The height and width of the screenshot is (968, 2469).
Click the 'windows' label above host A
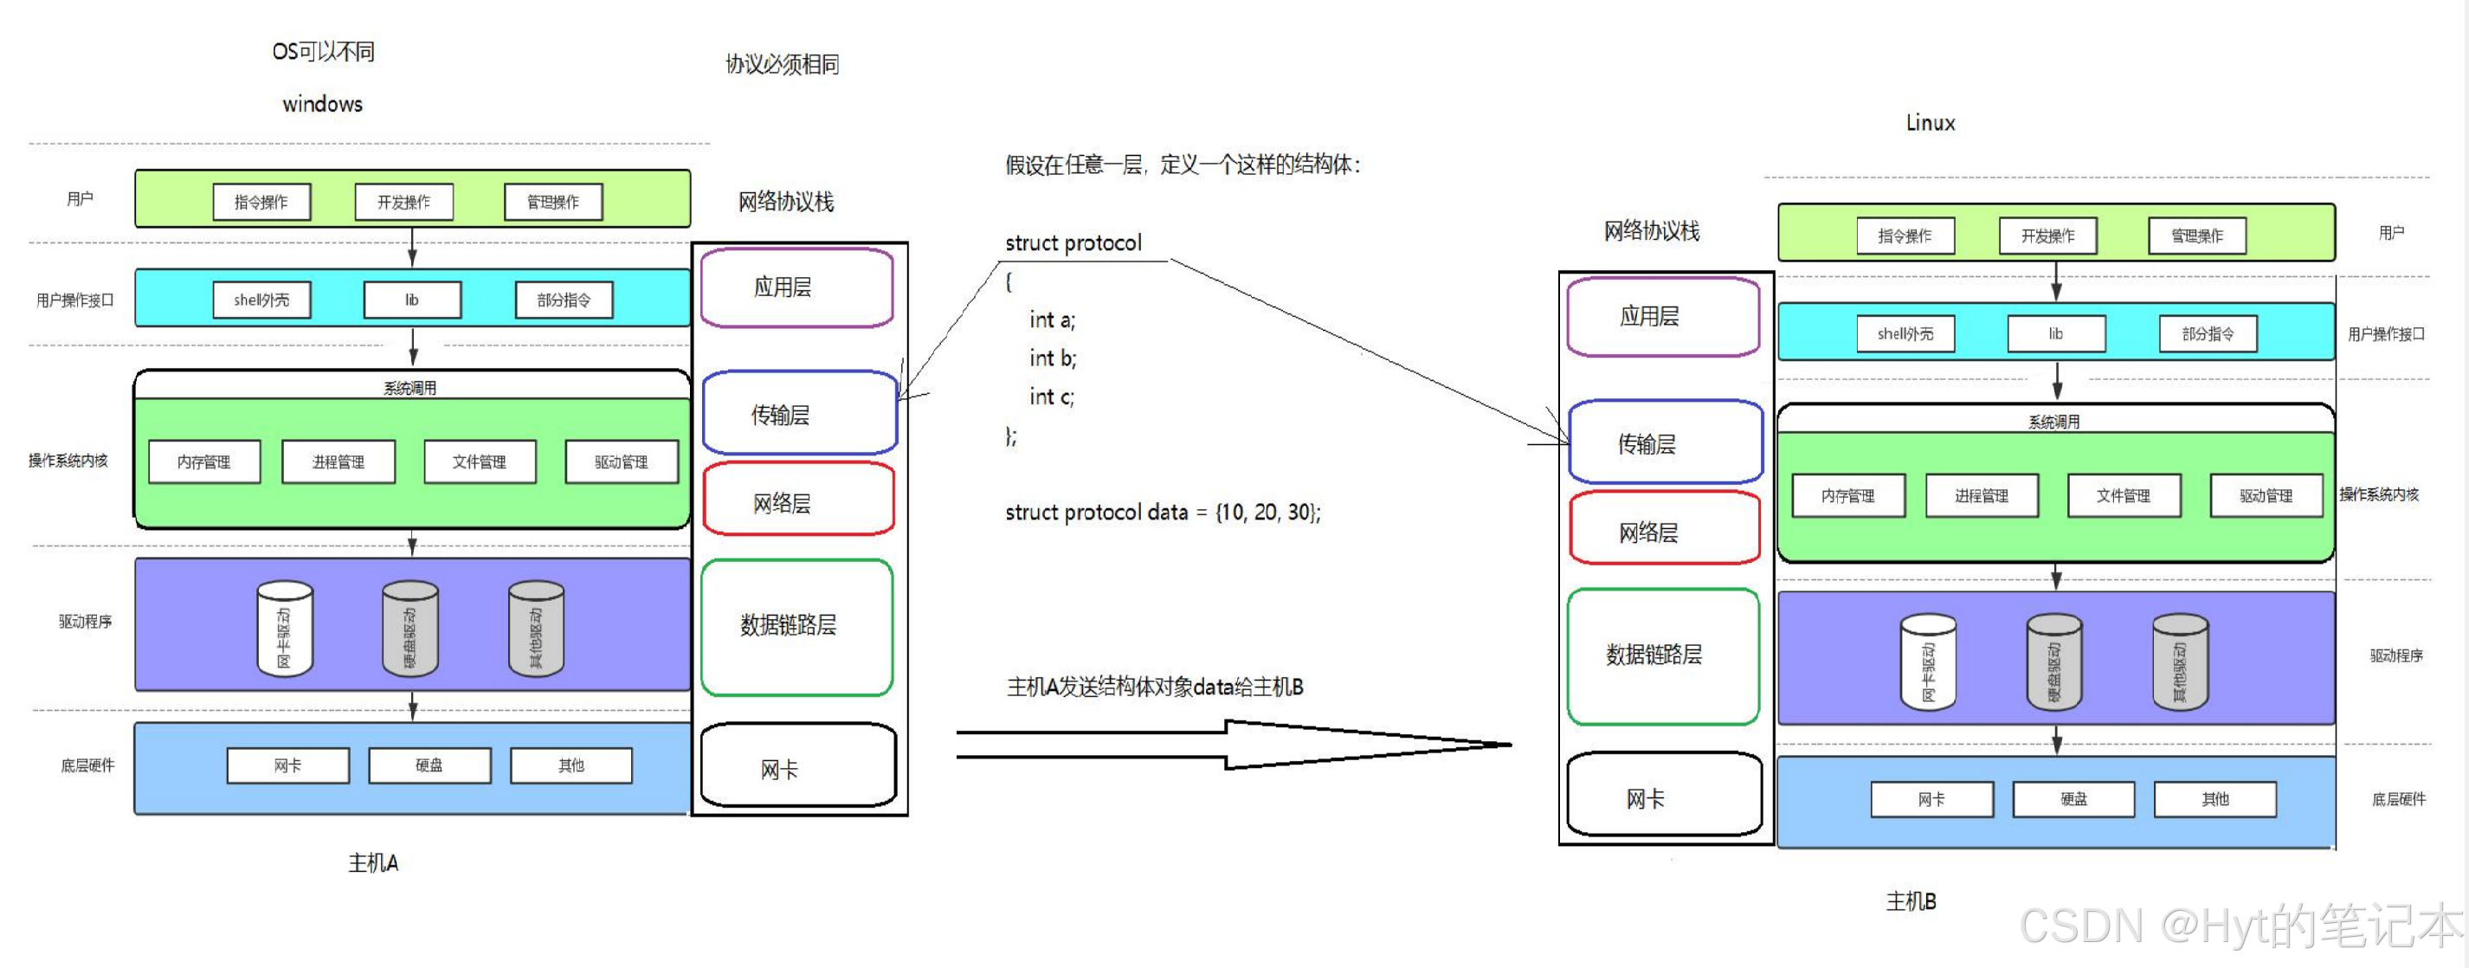322,104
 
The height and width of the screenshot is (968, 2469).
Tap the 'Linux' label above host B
1930,123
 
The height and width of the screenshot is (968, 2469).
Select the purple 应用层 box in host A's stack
796,287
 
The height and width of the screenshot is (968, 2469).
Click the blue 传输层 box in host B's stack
1665,442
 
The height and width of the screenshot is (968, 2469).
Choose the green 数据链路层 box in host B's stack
1663,655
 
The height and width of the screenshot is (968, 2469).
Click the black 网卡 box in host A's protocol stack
797,767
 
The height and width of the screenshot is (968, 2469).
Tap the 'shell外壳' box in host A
261,300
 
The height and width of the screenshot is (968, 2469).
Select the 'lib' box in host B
2056,333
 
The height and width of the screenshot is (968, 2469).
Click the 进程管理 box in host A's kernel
338,462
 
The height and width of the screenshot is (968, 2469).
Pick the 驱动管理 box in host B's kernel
2266,495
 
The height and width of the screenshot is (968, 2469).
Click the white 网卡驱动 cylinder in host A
285,629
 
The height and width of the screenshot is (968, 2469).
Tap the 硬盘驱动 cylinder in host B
2054,662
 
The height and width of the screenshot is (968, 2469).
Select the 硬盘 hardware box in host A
429,765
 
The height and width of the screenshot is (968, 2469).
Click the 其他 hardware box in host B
2214,798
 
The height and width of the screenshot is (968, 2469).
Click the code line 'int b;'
1053,358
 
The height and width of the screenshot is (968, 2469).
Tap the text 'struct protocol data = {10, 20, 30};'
1162,513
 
